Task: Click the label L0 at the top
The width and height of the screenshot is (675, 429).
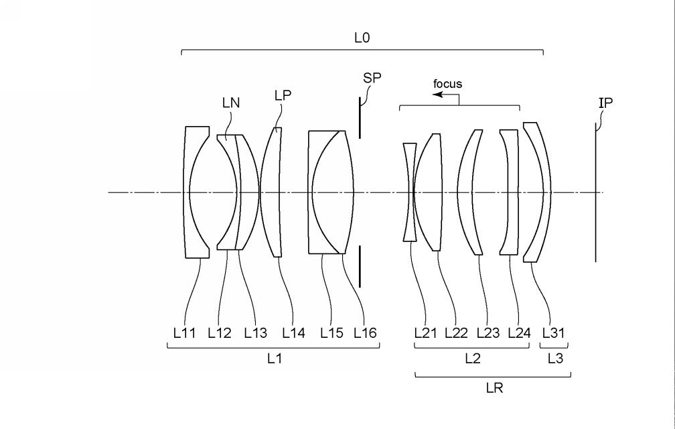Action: click(362, 38)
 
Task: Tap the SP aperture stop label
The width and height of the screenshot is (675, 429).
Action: click(372, 78)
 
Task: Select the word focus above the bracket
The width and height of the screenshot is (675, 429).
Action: click(447, 84)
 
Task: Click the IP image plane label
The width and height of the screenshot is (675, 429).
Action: click(605, 103)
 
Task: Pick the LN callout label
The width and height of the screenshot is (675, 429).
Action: click(231, 103)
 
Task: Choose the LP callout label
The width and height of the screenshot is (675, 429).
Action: click(283, 95)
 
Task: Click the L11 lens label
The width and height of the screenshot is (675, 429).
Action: click(184, 333)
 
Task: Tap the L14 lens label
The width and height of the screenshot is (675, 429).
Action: click(293, 333)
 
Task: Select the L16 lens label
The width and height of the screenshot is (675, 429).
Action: click(365, 333)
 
